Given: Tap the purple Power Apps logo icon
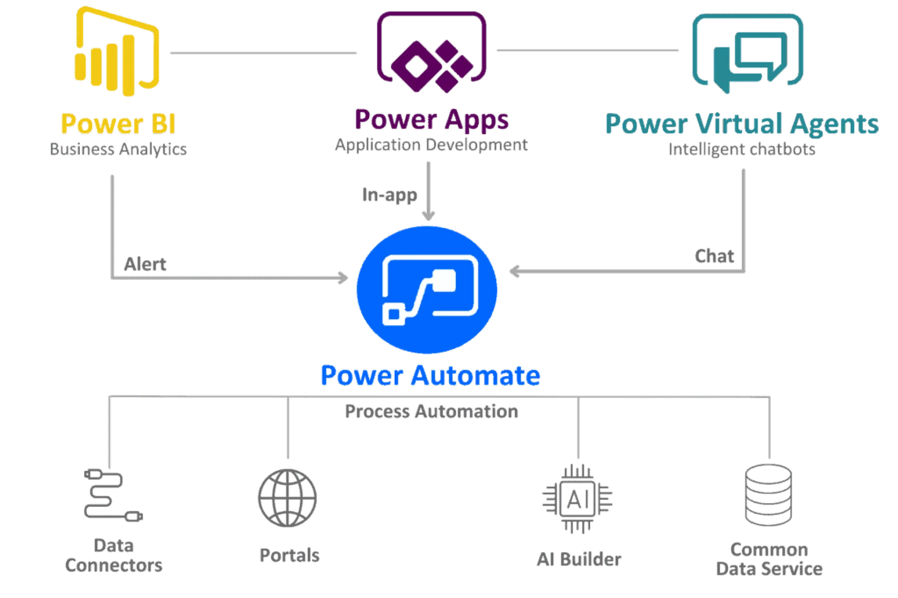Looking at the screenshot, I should click(431, 50).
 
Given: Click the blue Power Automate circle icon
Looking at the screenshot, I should click(427, 290).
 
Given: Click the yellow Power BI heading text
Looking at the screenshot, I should click(118, 123).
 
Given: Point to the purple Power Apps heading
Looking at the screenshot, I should click(431, 120).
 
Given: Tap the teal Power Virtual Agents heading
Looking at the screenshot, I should click(741, 124).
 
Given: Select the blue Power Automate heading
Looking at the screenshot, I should click(430, 375).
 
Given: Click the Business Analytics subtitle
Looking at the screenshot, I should click(118, 149).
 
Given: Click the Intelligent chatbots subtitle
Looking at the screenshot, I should click(741, 149).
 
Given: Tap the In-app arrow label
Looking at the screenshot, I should click(389, 196).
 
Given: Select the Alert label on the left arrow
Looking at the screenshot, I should click(145, 264).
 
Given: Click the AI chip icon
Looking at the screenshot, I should click(577, 497).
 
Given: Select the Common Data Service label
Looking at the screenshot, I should click(769, 560).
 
